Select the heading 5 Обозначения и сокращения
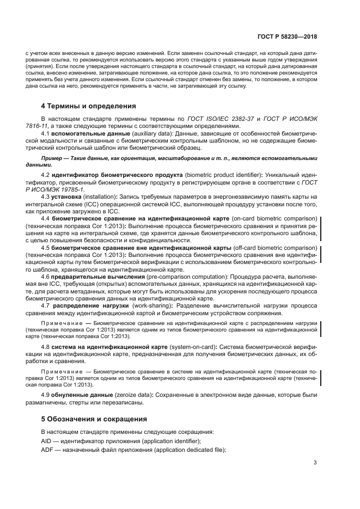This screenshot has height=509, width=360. (95, 419)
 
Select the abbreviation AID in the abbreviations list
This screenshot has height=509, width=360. (47, 440)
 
